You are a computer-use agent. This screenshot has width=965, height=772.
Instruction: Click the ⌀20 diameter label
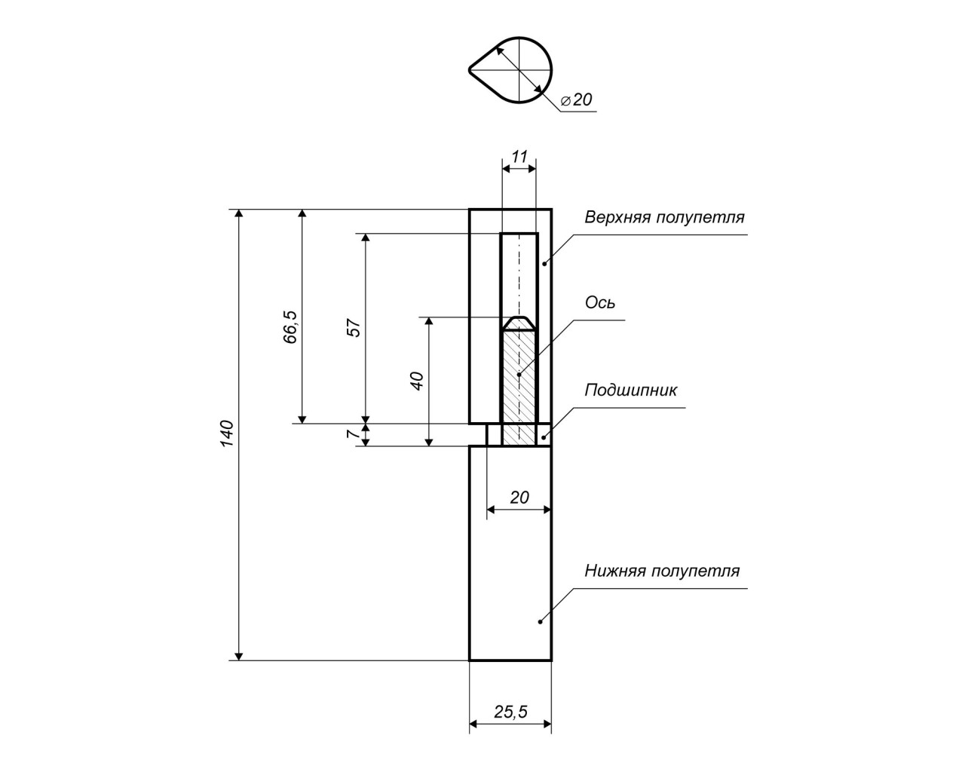577,100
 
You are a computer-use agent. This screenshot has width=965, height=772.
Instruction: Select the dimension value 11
519,157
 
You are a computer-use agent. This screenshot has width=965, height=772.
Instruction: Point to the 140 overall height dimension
228,433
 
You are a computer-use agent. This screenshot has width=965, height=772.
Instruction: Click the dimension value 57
354,327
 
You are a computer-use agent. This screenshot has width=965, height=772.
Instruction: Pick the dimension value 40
417,379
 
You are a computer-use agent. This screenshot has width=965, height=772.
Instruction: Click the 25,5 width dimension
510,711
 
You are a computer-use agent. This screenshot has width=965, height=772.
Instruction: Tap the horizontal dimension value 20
519,497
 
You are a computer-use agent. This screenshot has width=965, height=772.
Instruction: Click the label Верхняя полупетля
664,218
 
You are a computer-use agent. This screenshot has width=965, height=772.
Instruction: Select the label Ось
600,303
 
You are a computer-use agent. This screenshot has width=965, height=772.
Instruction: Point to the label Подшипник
631,391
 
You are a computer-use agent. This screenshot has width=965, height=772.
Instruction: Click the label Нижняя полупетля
662,571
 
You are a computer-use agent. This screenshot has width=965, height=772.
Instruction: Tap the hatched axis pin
519,384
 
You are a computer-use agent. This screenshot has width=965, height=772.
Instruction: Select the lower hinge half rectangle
510,553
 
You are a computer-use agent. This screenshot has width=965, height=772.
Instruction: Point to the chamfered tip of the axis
519,323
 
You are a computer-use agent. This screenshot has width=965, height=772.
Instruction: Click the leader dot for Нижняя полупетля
540,621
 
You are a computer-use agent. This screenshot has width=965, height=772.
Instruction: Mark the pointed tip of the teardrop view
470,70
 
